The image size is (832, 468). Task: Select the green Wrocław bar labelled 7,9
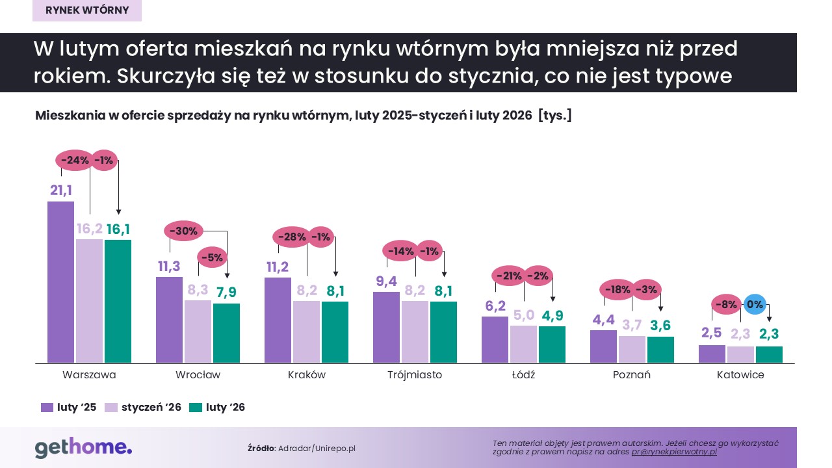click(226, 333)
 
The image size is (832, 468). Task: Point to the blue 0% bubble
click(755, 304)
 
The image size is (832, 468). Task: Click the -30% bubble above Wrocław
click(184, 230)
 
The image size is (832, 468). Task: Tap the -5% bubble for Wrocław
click(211, 257)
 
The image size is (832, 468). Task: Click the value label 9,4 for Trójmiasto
click(386, 281)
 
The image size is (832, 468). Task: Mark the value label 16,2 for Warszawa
click(90, 228)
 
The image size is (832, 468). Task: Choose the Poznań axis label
click(631, 375)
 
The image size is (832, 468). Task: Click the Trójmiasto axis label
click(414, 375)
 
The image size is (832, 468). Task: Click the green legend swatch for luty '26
click(196, 408)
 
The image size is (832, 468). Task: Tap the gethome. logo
click(83, 448)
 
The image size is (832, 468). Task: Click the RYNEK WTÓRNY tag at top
click(87, 10)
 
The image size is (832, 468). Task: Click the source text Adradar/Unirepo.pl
click(317, 448)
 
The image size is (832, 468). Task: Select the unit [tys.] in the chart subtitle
click(554, 116)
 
